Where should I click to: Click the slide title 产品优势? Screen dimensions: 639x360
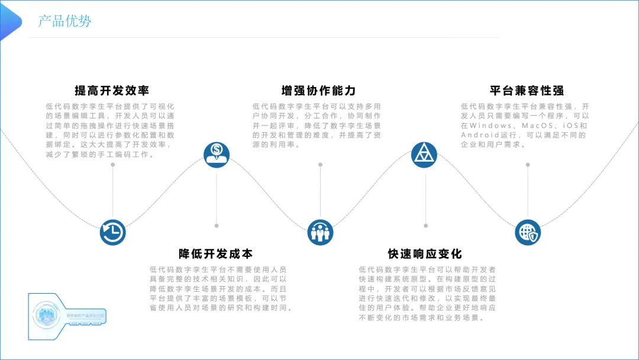click(64, 21)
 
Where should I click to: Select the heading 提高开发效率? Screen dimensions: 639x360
click(111, 91)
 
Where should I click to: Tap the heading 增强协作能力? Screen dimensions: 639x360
click(318, 91)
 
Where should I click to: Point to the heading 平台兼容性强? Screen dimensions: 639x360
click(527, 91)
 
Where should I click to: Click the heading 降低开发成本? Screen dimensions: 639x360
click(215, 253)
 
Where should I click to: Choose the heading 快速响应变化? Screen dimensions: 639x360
click(425, 253)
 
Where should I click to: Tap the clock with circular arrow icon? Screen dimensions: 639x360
click(112, 232)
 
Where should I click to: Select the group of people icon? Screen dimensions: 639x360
click(321, 232)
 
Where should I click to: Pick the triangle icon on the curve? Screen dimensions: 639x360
click(424, 155)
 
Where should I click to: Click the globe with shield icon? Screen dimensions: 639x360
click(528, 232)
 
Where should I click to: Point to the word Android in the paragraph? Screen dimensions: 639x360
click(476, 136)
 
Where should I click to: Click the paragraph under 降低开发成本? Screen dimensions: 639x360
click(220, 288)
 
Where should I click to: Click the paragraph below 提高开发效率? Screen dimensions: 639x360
click(111, 130)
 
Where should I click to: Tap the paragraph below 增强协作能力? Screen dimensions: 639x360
click(317, 126)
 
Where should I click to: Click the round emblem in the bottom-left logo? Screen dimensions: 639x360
click(46, 314)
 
